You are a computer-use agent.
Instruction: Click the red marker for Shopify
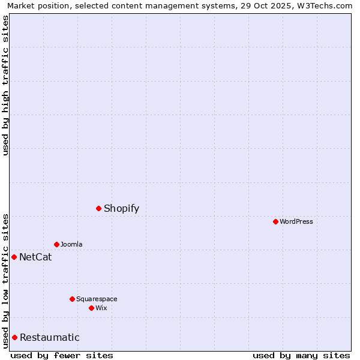pos(99,208)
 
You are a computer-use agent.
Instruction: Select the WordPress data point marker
pos(275,221)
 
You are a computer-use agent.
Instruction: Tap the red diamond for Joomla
pos(56,244)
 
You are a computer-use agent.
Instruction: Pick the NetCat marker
pos(14,257)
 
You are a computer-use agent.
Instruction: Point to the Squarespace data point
pos(72,299)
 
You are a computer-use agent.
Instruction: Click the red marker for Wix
pos(91,308)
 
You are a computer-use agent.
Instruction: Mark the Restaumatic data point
pos(15,337)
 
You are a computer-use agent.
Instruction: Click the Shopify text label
pos(121,209)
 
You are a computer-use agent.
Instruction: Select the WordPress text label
pos(296,221)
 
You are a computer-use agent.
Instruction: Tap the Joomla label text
pos(71,244)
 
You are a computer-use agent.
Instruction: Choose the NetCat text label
pos(35,257)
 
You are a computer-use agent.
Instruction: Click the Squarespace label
pos(97,299)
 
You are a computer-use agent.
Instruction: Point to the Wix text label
pos(101,308)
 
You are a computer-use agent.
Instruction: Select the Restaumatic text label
pos(49,338)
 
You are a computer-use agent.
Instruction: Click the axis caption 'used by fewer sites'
pos(62,355)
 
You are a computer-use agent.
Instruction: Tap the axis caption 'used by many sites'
pos(301,355)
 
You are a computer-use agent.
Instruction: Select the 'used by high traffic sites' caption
pos(6,85)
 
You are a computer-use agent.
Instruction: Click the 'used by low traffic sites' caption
pos(6,281)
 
